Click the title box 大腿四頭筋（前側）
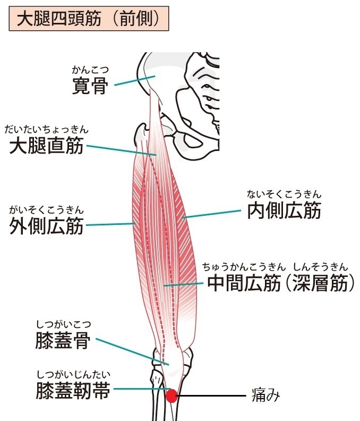[x=89, y=19]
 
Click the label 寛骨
[x=90, y=86]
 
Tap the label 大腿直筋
[x=46, y=146]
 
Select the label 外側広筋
[x=46, y=226]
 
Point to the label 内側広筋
[x=284, y=210]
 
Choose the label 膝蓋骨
[x=63, y=340]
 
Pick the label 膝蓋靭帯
[x=73, y=390]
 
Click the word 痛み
[x=265, y=395]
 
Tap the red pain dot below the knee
[x=172, y=396]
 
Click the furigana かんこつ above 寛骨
[x=90, y=70]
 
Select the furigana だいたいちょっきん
[x=46, y=129]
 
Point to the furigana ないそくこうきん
[x=284, y=194]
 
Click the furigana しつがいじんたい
[x=73, y=374]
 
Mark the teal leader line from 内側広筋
[x=211, y=214]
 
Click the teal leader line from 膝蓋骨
[x=132, y=352]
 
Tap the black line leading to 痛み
[x=211, y=395]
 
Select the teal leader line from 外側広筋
[x=110, y=224]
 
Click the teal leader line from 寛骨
[x=135, y=81]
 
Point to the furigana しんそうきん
[x=321, y=267]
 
